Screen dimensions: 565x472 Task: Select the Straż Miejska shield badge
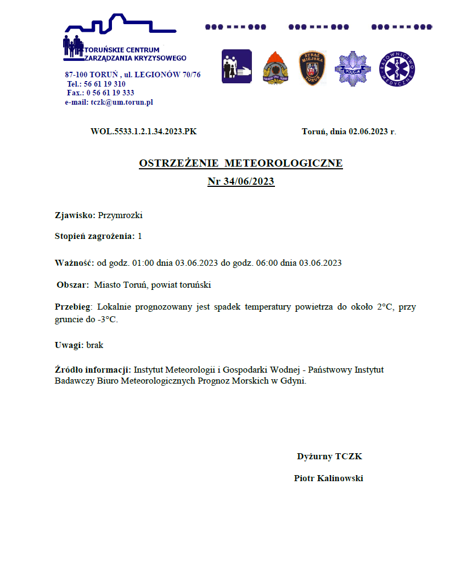(x=312, y=68)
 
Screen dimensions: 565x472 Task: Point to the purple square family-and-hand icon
(x=237, y=67)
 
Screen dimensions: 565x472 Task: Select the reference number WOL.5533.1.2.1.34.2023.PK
(x=143, y=132)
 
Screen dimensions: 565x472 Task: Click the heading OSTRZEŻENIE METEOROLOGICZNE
(x=241, y=163)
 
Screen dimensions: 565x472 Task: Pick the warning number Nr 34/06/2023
(x=241, y=181)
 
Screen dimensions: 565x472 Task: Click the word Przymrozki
(x=121, y=215)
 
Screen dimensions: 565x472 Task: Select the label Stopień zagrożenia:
(x=95, y=236)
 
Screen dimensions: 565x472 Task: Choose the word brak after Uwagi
(x=95, y=345)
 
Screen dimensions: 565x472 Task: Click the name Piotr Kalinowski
(x=328, y=478)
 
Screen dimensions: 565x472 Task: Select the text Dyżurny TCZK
(x=329, y=456)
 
